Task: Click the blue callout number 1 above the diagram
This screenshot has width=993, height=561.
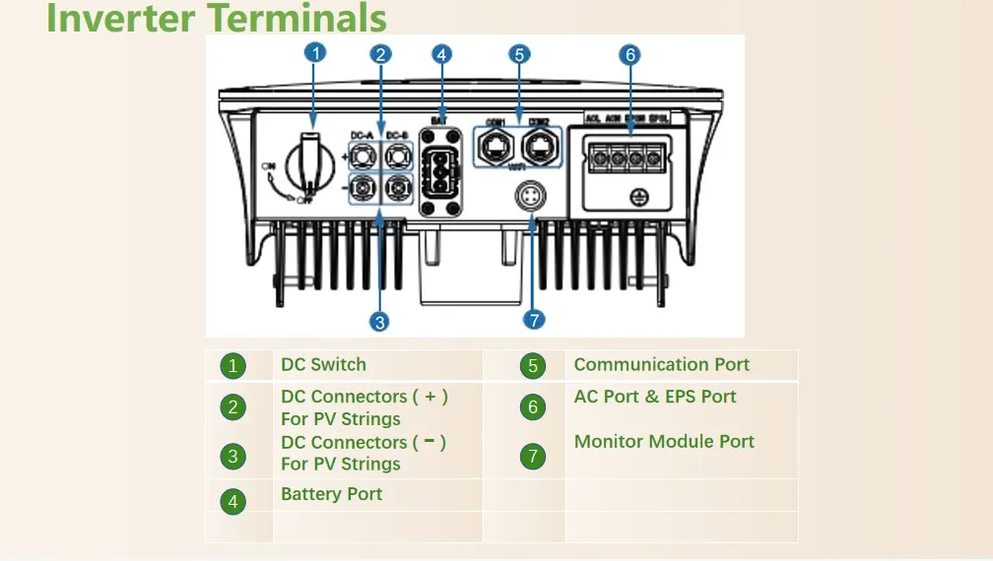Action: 315,54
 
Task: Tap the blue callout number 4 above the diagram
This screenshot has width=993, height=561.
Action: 442,54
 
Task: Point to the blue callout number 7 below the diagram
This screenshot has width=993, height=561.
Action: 534,320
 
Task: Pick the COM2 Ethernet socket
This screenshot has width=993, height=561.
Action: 539,148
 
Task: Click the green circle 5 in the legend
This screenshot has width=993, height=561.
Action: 532,367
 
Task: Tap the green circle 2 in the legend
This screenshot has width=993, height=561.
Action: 232,407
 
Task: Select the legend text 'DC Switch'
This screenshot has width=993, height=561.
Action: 323,365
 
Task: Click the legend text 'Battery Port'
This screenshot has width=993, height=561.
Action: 331,494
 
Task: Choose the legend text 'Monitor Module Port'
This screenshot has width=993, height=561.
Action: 664,442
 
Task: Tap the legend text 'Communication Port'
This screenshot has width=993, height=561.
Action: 661,365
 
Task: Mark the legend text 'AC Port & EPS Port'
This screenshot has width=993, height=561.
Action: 655,397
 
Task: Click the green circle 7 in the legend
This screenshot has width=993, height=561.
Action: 532,457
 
